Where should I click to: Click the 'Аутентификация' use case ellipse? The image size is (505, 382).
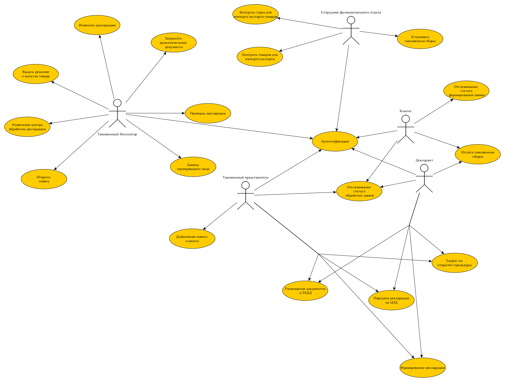(x=335, y=141)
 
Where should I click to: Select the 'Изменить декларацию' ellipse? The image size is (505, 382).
(x=97, y=25)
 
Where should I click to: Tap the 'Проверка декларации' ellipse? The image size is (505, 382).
(x=208, y=113)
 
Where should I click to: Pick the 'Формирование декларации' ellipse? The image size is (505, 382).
(x=423, y=368)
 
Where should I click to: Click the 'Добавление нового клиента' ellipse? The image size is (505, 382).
(x=192, y=239)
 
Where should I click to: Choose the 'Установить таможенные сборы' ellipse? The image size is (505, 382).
(x=420, y=39)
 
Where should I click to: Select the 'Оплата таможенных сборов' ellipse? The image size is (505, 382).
(x=478, y=154)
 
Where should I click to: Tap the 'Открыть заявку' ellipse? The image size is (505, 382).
(x=44, y=179)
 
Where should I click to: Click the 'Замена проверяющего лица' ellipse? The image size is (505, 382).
(x=193, y=167)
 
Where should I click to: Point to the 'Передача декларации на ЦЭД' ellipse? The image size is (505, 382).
(x=391, y=300)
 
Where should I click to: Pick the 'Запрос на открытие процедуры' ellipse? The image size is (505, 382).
(x=454, y=263)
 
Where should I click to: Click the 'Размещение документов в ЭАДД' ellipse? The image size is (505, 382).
(x=305, y=291)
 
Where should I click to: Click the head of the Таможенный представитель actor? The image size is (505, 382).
(x=245, y=185)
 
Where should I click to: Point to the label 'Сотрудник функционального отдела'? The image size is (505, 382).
(x=351, y=12)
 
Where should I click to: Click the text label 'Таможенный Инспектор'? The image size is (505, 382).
(x=117, y=134)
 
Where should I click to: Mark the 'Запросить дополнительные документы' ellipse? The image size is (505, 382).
(x=173, y=43)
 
